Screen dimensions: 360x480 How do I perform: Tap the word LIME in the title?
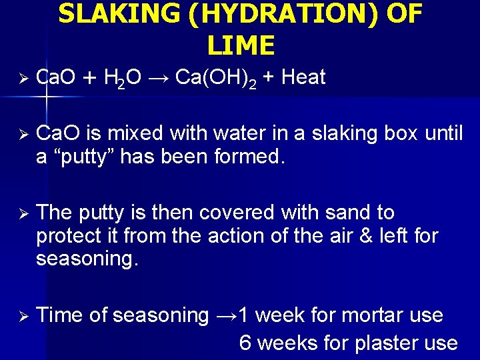coord(241,45)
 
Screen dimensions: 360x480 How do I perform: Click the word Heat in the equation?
coord(303,77)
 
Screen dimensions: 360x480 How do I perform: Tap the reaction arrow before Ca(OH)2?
coord(159,78)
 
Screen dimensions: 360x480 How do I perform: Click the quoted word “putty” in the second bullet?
coord(79,157)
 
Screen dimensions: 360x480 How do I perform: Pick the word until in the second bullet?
coord(443,133)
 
